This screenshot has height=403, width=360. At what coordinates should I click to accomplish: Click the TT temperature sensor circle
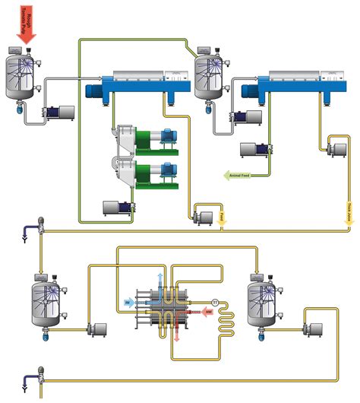coord(215,303)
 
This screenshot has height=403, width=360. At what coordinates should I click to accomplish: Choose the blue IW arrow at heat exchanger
coord(130,303)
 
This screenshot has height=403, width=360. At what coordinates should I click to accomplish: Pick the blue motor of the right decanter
coord(248,91)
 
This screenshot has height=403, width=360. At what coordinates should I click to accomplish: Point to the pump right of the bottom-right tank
coord(310,330)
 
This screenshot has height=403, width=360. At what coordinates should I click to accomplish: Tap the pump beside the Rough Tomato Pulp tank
coord(60,113)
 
